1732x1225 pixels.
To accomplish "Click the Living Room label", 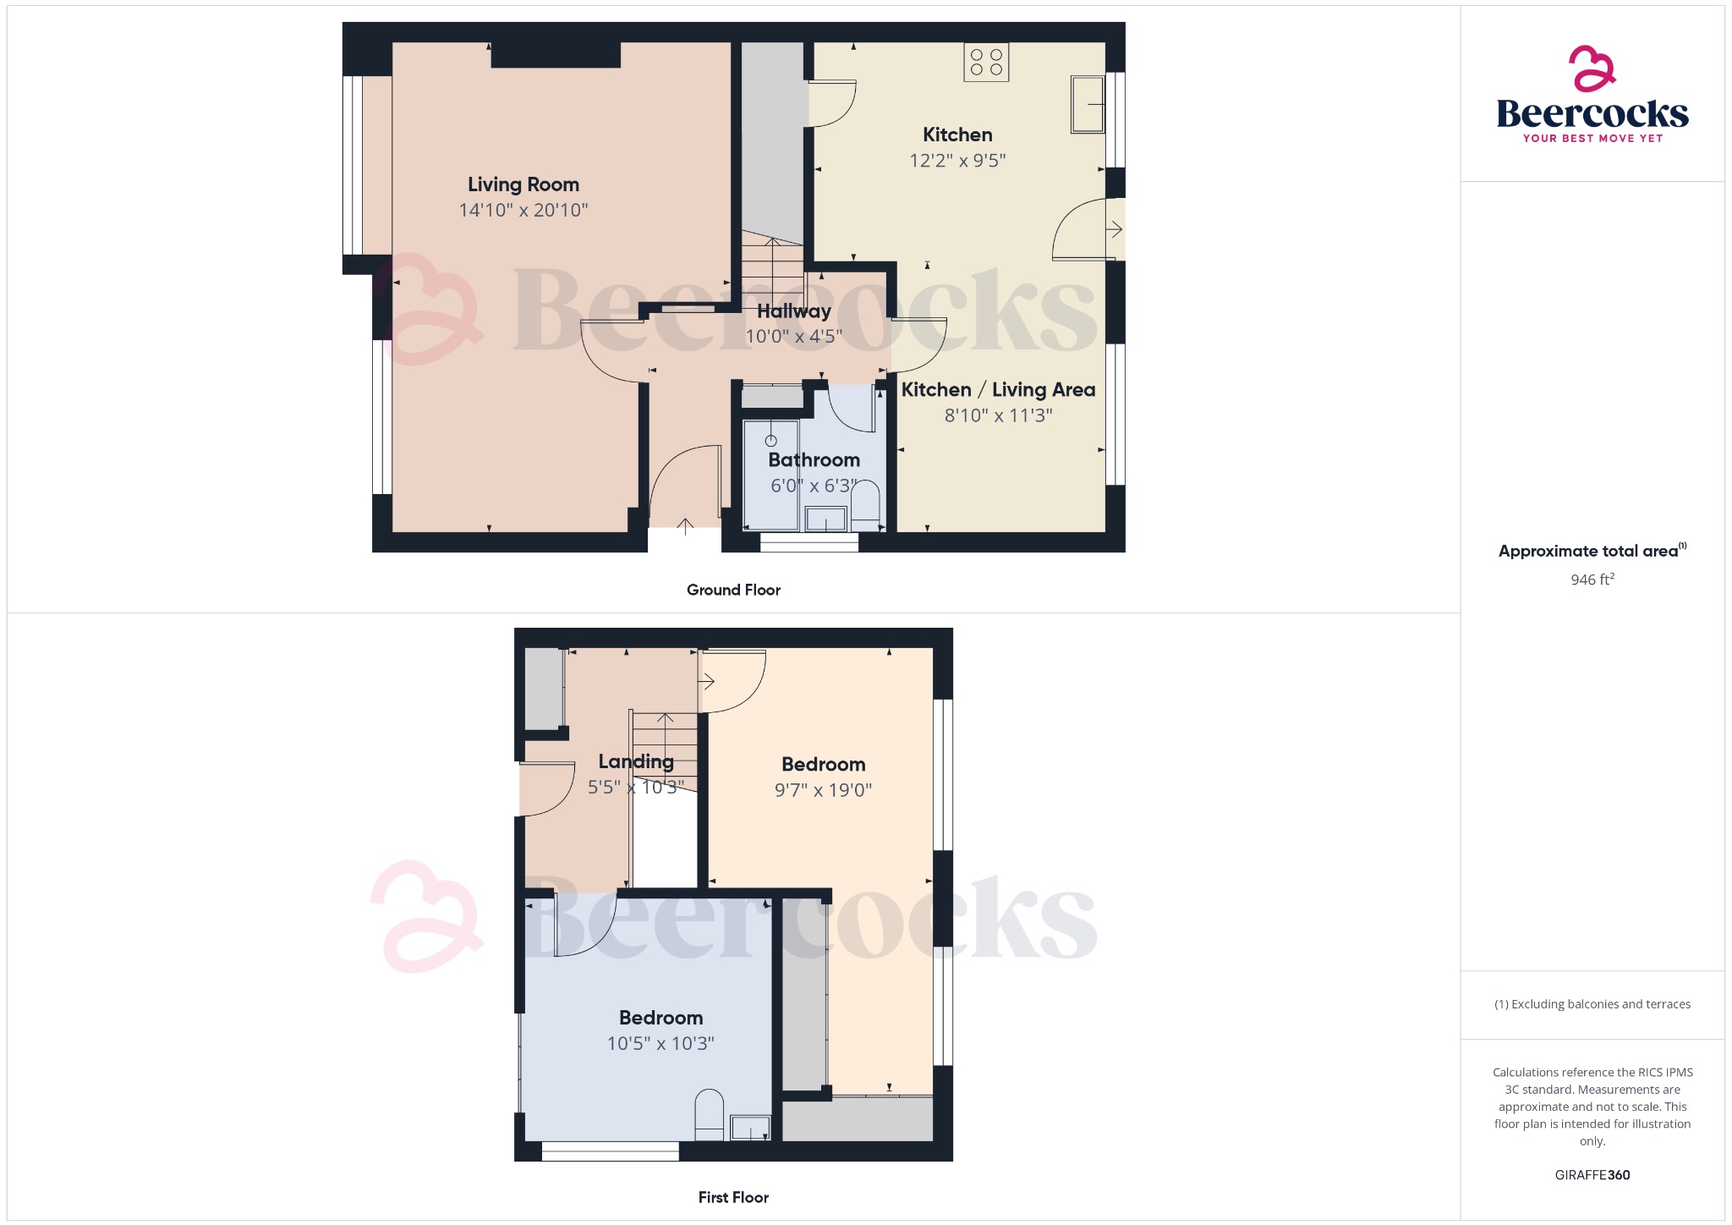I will pyautogui.click(x=523, y=184).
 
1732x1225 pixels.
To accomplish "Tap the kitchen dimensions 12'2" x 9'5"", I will pyautogui.click(x=957, y=161).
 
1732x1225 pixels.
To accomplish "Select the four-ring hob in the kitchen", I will pyautogui.click(x=986, y=62).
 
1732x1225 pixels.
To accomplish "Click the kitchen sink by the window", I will pyautogui.click(x=1088, y=104).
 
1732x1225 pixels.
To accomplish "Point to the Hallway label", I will pyautogui.click(x=793, y=311).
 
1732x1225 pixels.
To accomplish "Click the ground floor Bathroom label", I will pyautogui.click(x=814, y=460).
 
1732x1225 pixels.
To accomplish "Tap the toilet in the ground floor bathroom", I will pyautogui.click(x=865, y=505).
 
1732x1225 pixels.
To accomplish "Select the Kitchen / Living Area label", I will pyautogui.click(x=998, y=390).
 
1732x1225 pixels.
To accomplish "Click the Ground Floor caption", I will pyautogui.click(x=733, y=590).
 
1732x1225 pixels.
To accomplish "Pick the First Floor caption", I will pyautogui.click(x=733, y=1197).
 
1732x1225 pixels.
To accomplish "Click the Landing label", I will pyautogui.click(x=636, y=761).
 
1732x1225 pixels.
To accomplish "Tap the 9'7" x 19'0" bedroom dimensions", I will pyautogui.click(x=823, y=790).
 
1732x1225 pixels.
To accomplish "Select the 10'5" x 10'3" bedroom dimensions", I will pyautogui.click(x=660, y=1044).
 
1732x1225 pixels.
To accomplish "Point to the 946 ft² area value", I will pyautogui.click(x=1592, y=580).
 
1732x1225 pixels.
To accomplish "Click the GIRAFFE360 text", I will pyautogui.click(x=1592, y=1175).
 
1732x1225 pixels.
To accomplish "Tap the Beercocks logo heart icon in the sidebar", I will pyautogui.click(x=1592, y=69).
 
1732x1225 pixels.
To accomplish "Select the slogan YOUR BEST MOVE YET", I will pyautogui.click(x=1592, y=138).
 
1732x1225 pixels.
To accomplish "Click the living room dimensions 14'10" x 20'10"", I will pyautogui.click(x=523, y=210).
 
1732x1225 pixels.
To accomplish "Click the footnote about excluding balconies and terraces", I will pyautogui.click(x=1592, y=1004).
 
